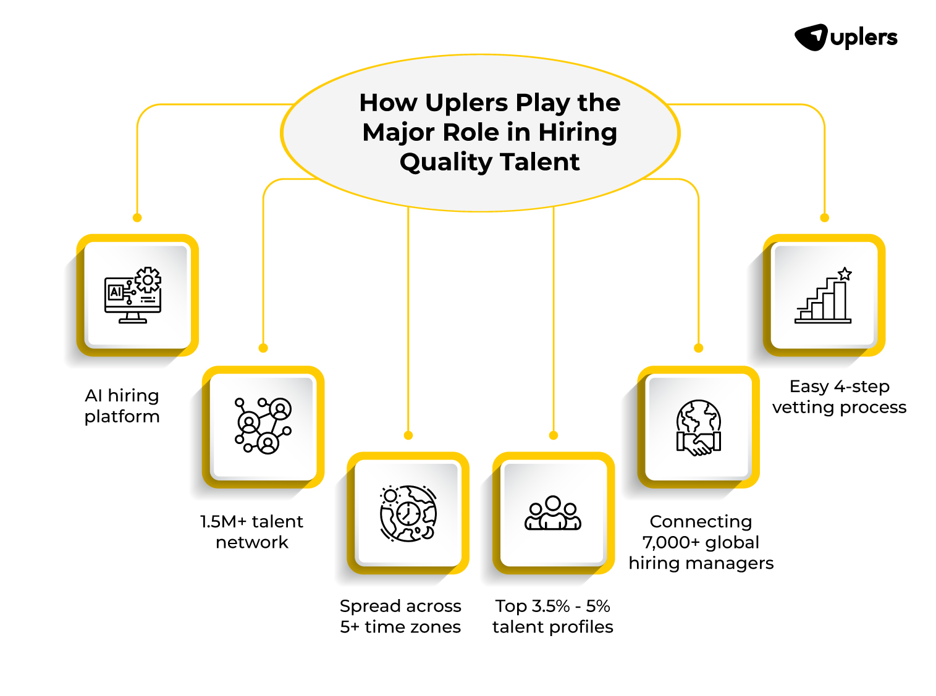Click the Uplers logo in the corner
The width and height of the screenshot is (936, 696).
(x=845, y=38)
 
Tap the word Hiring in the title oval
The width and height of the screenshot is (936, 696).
(x=577, y=132)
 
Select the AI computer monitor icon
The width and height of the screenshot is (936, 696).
(x=133, y=295)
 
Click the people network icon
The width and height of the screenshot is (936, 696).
(x=263, y=426)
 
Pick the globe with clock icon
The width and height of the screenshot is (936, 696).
(x=408, y=513)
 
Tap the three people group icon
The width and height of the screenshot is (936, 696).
(x=553, y=513)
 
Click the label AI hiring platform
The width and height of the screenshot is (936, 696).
(x=122, y=406)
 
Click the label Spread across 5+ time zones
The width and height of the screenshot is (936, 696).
(x=400, y=616)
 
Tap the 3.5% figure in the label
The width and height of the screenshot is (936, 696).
(x=550, y=606)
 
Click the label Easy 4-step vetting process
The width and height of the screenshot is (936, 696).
(x=839, y=396)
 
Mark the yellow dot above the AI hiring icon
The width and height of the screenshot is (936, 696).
(x=137, y=217)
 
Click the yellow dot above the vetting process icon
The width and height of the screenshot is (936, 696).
(x=824, y=217)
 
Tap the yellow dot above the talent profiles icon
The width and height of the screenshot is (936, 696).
(x=554, y=435)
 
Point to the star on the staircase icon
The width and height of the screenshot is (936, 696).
(x=845, y=274)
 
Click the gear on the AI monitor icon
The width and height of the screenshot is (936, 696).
(x=148, y=280)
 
